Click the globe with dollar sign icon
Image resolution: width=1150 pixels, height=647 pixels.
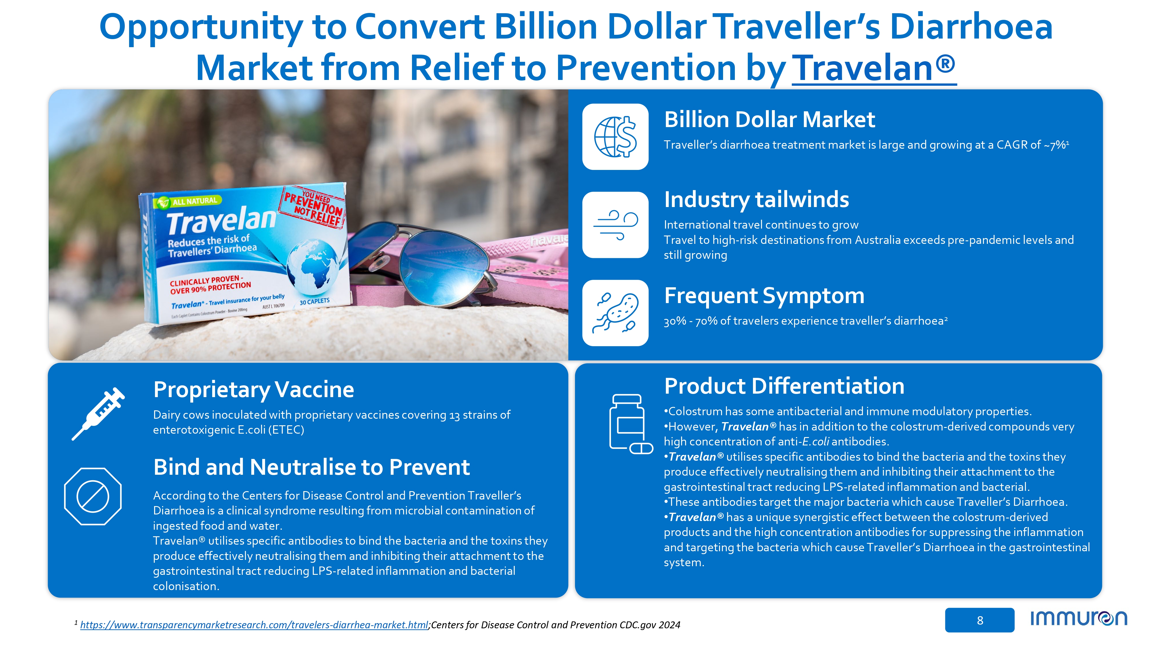coord(615,137)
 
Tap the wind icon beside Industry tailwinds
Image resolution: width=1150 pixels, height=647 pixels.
coord(615,225)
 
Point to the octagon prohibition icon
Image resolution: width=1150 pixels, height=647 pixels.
coord(93,496)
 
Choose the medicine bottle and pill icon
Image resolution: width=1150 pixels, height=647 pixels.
coord(631,424)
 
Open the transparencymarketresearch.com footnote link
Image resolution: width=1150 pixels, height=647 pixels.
coord(254,625)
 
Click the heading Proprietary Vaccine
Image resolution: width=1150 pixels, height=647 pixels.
coord(254,389)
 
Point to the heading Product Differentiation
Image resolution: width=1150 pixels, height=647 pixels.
coord(784,386)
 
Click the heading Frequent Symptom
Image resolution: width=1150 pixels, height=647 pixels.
coord(764,296)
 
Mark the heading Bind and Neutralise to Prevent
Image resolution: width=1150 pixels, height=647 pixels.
coord(312,467)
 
